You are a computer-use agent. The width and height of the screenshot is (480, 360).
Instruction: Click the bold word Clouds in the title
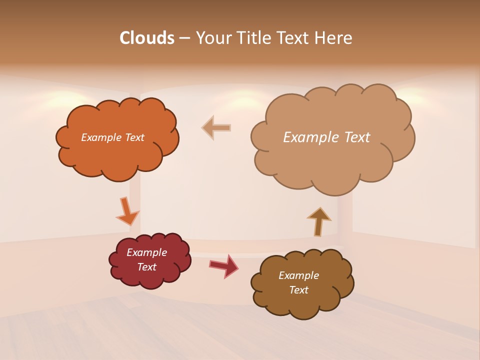coord(147,38)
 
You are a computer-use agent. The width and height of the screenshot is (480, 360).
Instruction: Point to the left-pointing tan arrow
coord(216,127)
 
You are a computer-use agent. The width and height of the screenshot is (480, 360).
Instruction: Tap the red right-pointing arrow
coord(224,266)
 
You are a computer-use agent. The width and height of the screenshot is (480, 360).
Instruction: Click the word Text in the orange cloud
coord(134,137)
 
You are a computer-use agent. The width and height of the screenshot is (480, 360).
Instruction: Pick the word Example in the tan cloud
coord(311,137)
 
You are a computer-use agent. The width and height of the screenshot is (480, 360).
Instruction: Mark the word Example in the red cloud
coord(146,252)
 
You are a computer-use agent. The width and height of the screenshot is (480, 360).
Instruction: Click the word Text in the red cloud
coord(146,267)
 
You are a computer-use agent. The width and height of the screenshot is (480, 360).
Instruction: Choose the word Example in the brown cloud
coord(298,275)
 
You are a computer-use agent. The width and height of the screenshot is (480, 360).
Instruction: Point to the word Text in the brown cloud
coord(298,290)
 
